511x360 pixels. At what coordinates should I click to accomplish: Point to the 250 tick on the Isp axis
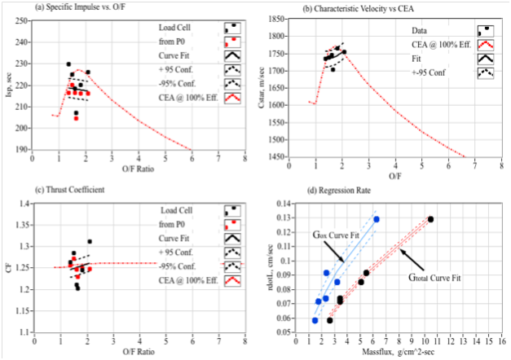pos(40,20)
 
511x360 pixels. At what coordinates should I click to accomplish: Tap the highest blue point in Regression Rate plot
pos(377,219)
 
